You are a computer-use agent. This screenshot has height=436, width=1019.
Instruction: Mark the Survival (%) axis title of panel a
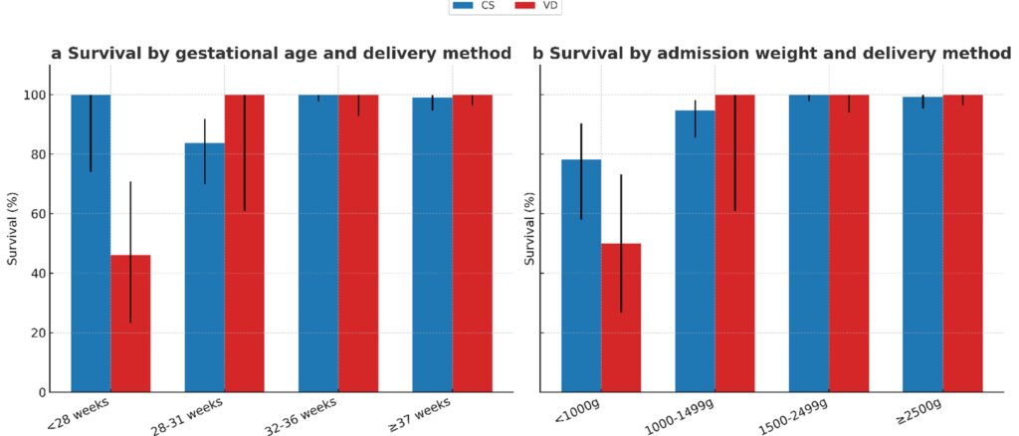13,229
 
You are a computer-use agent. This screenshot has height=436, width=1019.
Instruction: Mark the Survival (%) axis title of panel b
531,229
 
